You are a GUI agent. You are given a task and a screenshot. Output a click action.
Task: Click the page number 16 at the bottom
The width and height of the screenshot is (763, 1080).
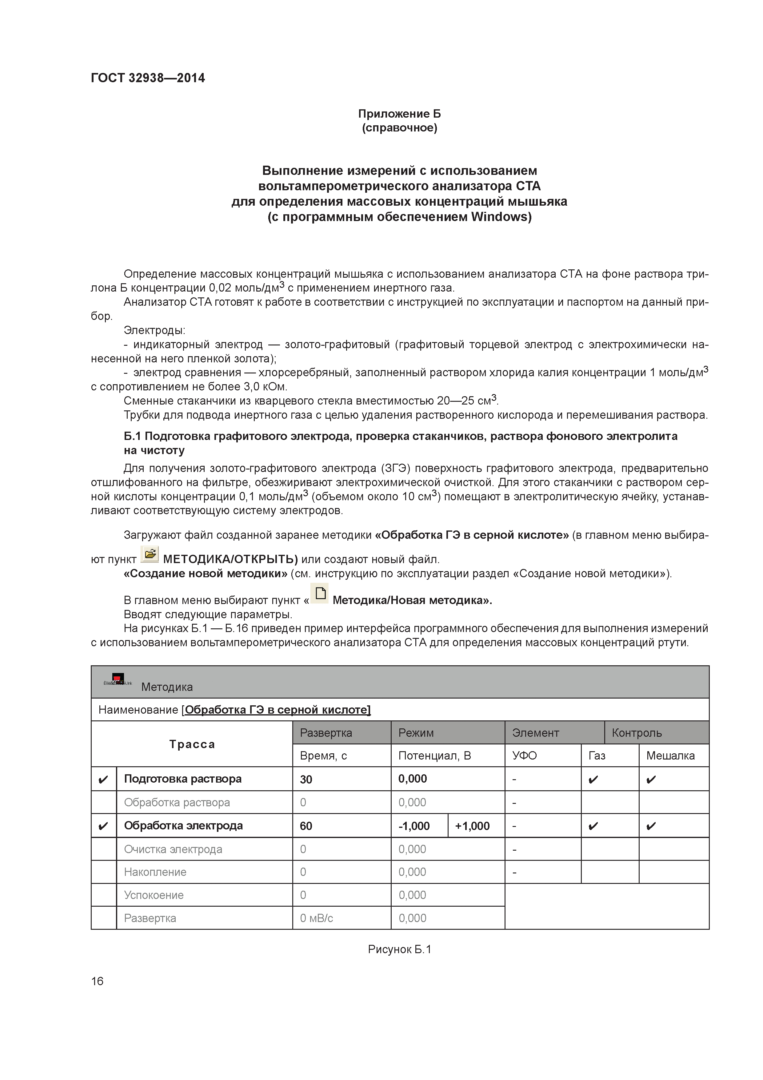click(97, 981)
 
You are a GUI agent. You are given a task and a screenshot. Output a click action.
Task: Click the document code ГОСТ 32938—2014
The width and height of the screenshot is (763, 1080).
click(148, 78)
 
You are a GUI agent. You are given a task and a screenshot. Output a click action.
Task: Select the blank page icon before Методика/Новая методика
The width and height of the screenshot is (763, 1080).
click(320, 593)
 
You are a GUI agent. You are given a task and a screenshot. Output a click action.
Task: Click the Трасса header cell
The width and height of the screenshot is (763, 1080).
click(192, 744)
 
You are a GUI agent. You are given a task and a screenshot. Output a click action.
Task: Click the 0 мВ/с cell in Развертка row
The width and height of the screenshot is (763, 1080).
click(316, 918)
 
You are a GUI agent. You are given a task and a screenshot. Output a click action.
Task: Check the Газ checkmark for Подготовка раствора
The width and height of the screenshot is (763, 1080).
click(593, 780)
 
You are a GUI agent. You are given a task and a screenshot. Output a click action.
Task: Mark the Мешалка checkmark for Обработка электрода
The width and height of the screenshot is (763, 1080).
click(651, 826)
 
